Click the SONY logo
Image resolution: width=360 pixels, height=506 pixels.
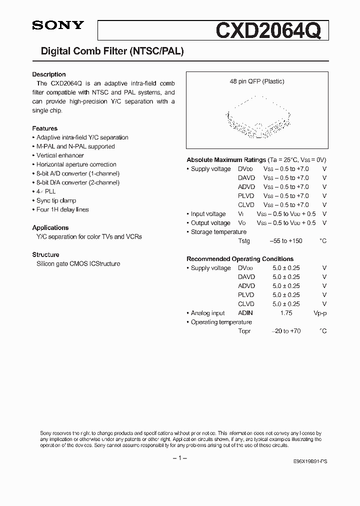click(x=58, y=26)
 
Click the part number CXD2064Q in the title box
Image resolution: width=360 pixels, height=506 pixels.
click(x=271, y=30)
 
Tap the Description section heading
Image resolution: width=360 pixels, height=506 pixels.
click(x=49, y=74)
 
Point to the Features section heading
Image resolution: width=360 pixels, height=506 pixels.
click(x=45, y=128)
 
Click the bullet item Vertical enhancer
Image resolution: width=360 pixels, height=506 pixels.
click(x=59, y=155)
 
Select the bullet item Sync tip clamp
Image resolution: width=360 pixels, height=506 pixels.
click(x=56, y=200)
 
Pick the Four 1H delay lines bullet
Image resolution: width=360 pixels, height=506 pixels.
click(x=62, y=209)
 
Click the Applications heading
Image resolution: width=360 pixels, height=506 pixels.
click(x=50, y=227)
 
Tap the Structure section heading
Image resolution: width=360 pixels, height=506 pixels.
click(x=45, y=254)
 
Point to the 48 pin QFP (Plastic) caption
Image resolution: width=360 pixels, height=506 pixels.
click(x=257, y=81)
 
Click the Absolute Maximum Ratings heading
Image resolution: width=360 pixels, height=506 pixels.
click(x=226, y=160)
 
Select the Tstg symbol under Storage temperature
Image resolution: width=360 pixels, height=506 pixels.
click(x=244, y=241)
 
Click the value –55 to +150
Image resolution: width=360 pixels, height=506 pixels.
click(x=286, y=241)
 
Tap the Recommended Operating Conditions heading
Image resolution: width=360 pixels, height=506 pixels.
click(x=240, y=259)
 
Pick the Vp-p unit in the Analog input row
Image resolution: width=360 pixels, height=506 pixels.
click(x=319, y=313)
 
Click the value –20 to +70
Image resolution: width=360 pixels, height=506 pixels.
click(x=286, y=331)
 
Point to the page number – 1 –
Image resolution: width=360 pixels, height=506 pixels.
click(x=179, y=458)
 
